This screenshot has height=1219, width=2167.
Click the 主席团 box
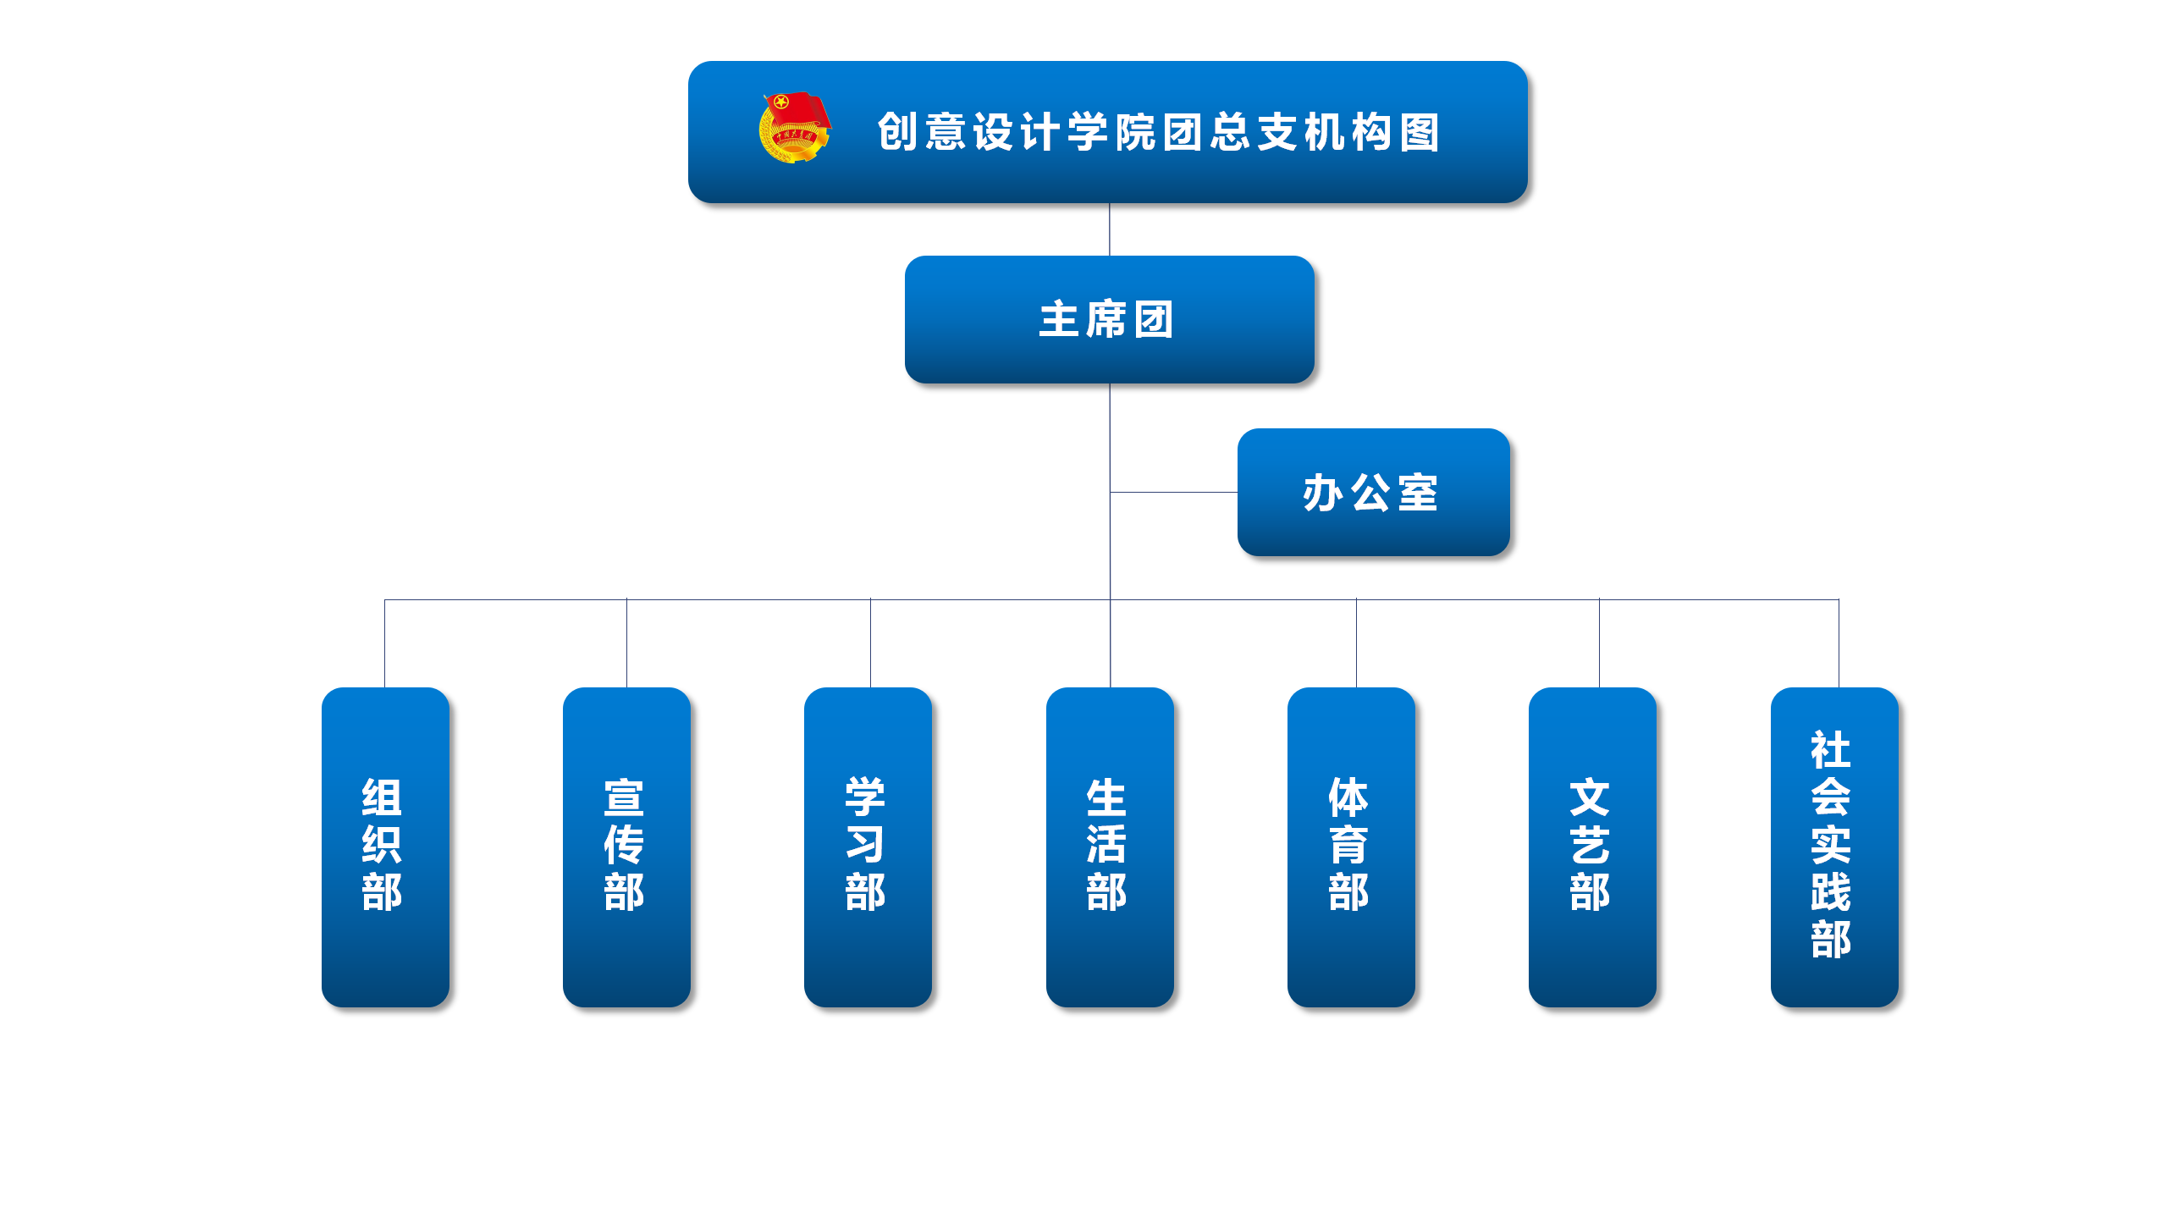(1109, 319)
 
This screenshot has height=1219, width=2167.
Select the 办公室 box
(1373, 492)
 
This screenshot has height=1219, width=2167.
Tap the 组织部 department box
(385, 847)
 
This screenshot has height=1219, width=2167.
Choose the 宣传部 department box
(626, 847)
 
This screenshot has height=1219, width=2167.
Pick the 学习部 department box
(868, 847)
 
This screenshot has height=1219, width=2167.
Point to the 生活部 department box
(1110, 847)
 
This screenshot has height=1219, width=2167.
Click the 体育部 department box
(1351, 847)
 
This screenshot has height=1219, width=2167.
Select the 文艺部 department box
(1592, 847)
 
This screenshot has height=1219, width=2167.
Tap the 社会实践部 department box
(1834, 847)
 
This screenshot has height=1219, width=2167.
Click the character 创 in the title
(897, 132)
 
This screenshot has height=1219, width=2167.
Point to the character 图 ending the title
(1420, 132)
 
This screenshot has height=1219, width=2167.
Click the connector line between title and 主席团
(1110, 229)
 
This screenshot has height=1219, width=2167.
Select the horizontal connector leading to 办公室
(1173, 492)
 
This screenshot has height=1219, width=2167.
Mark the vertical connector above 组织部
(385, 643)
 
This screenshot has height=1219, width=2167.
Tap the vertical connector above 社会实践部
(1839, 643)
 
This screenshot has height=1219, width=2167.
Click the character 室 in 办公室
(1419, 493)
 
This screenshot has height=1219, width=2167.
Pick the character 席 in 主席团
(1106, 320)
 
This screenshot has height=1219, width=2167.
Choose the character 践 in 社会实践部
(1831, 892)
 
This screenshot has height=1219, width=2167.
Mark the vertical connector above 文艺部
(1599, 643)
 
